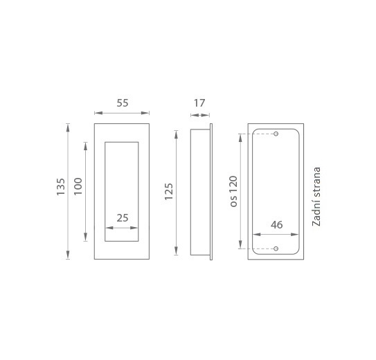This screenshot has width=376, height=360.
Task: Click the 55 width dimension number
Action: tap(123, 103)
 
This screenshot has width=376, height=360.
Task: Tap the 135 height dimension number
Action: tap(61, 187)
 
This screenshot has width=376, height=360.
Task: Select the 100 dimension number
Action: tap(78, 186)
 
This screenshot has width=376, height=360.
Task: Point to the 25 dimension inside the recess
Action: tap(123, 218)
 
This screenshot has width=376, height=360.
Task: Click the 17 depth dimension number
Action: tap(199, 103)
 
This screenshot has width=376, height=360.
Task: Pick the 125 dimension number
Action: tap(168, 192)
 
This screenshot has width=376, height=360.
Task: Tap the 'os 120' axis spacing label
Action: tap(233, 191)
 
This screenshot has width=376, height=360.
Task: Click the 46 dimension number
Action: tap(276, 225)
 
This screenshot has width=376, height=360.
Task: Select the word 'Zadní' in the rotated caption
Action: tap(316, 215)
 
